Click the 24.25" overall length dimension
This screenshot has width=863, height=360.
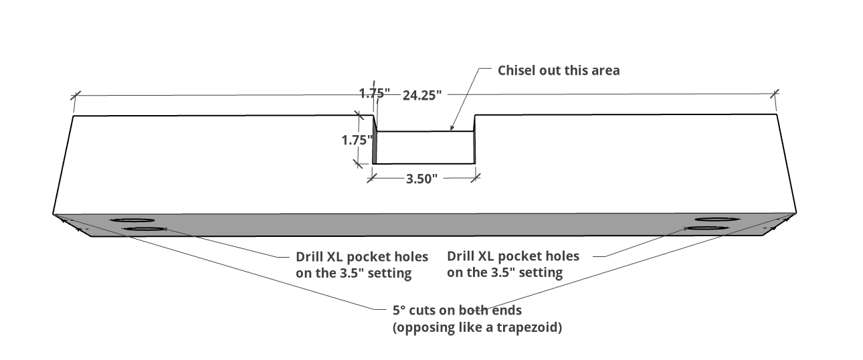(x=422, y=95)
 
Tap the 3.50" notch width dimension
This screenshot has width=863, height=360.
(x=422, y=179)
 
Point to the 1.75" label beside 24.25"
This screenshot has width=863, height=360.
(x=374, y=93)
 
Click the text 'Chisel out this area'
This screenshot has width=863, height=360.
(x=559, y=70)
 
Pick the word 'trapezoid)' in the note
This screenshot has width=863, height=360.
(x=529, y=327)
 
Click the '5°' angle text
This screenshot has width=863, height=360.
(x=399, y=310)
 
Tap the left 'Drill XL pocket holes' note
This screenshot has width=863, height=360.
(x=362, y=265)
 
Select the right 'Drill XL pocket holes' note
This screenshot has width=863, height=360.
(x=513, y=264)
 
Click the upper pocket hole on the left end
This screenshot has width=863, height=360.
(x=132, y=220)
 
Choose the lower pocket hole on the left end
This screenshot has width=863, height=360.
(x=144, y=230)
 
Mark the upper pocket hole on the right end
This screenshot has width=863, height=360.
(x=717, y=219)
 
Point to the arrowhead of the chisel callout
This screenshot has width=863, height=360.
(x=452, y=128)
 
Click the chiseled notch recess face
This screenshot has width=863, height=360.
(x=425, y=147)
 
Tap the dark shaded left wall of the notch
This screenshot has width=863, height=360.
(x=374, y=140)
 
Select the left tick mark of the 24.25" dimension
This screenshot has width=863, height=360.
(x=76, y=96)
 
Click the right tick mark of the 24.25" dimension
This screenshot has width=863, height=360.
(x=775, y=94)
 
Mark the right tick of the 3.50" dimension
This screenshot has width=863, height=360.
(x=476, y=178)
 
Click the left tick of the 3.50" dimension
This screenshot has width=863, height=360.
(x=372, y=178)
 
